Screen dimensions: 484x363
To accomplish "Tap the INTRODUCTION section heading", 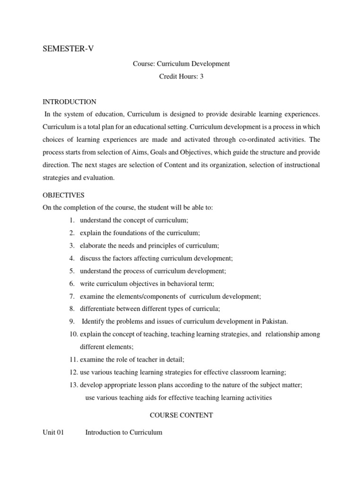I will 69,102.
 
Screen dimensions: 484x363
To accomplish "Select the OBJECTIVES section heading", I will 63,195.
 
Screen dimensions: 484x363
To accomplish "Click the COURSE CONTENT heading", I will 181,415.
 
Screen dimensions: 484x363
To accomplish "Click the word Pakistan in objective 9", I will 274,321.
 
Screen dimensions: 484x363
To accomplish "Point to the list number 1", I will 71,220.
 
